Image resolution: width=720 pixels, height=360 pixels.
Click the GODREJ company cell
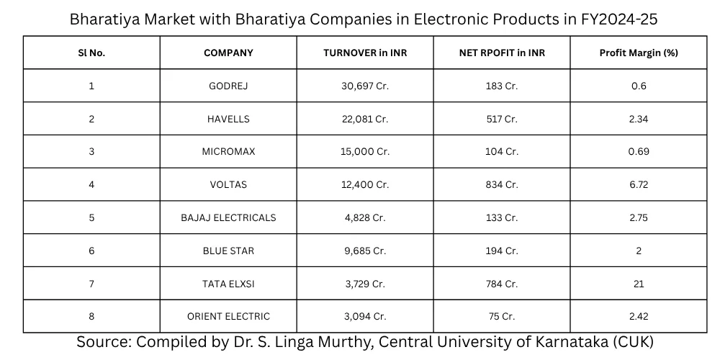(x=228, y=86)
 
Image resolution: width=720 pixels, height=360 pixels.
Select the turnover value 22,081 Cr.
(x=365, y=120)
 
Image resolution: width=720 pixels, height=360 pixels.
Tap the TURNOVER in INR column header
(x=365, y=53)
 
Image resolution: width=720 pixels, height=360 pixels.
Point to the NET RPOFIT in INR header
(x=502, y=53)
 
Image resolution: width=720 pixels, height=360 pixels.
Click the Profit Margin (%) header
(x=639, y=53)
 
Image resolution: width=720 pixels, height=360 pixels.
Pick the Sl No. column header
(x=91, y=53)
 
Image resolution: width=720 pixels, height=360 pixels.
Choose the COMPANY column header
(x=228, y=53)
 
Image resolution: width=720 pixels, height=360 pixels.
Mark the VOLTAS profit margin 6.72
(x=639, y=185)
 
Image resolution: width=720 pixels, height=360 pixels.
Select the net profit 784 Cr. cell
(x=502, y=284)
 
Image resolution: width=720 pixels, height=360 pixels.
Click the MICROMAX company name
(x=228, y=152)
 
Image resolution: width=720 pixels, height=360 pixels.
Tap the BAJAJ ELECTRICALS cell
(x=228, y=218)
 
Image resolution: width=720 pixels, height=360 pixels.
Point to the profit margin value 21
(x=639, y=284)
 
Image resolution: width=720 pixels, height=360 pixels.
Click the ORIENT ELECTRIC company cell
(x=228, y=317)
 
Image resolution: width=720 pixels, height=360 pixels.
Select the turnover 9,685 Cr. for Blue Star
(x=365, y=251)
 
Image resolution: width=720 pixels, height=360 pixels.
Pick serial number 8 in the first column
(x=91, y=317)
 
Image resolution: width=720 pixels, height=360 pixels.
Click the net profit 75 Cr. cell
(x=502, y=317)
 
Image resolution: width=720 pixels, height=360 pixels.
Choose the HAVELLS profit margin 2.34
(x=639, y=120)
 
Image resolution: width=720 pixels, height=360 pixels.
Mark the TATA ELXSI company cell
(x=228, y=284)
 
